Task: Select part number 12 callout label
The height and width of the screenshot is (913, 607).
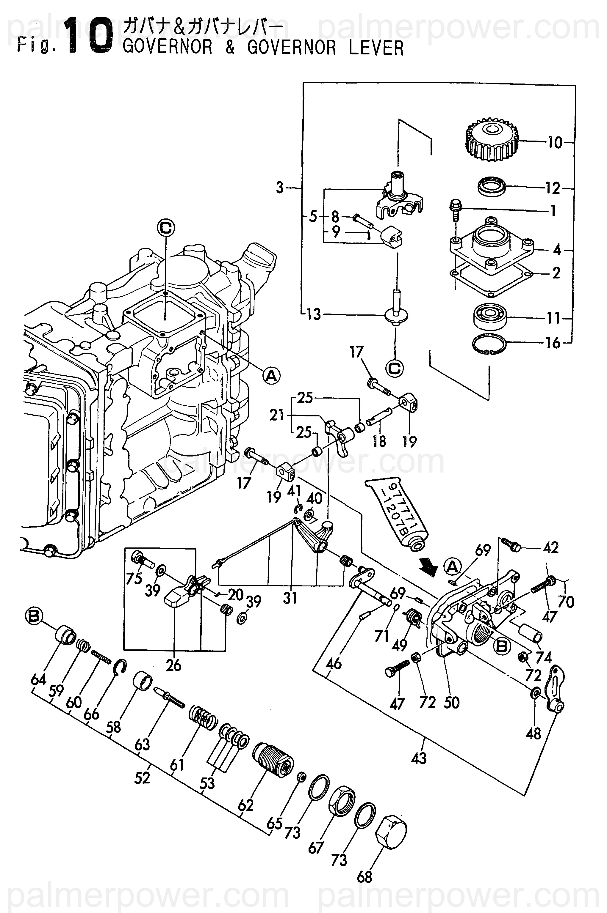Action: (553, 188)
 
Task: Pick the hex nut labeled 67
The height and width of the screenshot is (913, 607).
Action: (342, 800)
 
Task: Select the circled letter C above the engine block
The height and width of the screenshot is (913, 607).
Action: (166, 229)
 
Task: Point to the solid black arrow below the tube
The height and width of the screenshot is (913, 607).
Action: (428, 568)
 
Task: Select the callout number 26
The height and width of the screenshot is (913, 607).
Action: (173, 665)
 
